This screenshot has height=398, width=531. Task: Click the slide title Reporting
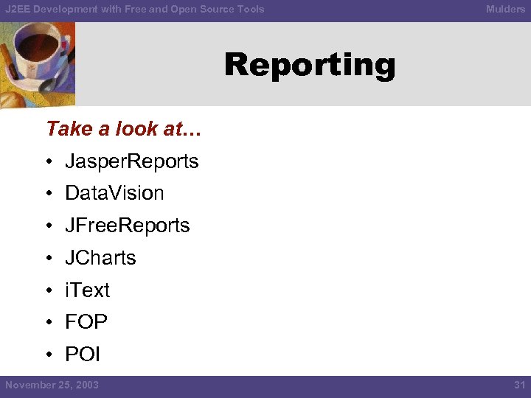click(x=310, y=66)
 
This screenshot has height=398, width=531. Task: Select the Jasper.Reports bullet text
click(x=132, y=161)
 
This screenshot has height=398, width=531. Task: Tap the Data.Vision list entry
click(x=114, y=193)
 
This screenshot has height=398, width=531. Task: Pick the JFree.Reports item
click(x=128, y=226)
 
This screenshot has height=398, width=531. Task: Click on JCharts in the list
click(x=100, y=258)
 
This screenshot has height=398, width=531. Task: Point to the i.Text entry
click(x=87, y=290)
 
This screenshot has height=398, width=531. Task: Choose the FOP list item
click(x=86, y=322)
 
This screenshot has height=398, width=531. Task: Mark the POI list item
click(x=83, y=355)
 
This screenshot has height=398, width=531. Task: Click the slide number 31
click(x=518, y=385)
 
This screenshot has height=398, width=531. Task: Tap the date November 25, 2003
click(x=52, y=385)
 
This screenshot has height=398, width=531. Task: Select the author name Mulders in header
click(x=505, y=9)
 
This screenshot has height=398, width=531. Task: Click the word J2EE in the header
click(x=18, y=9)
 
